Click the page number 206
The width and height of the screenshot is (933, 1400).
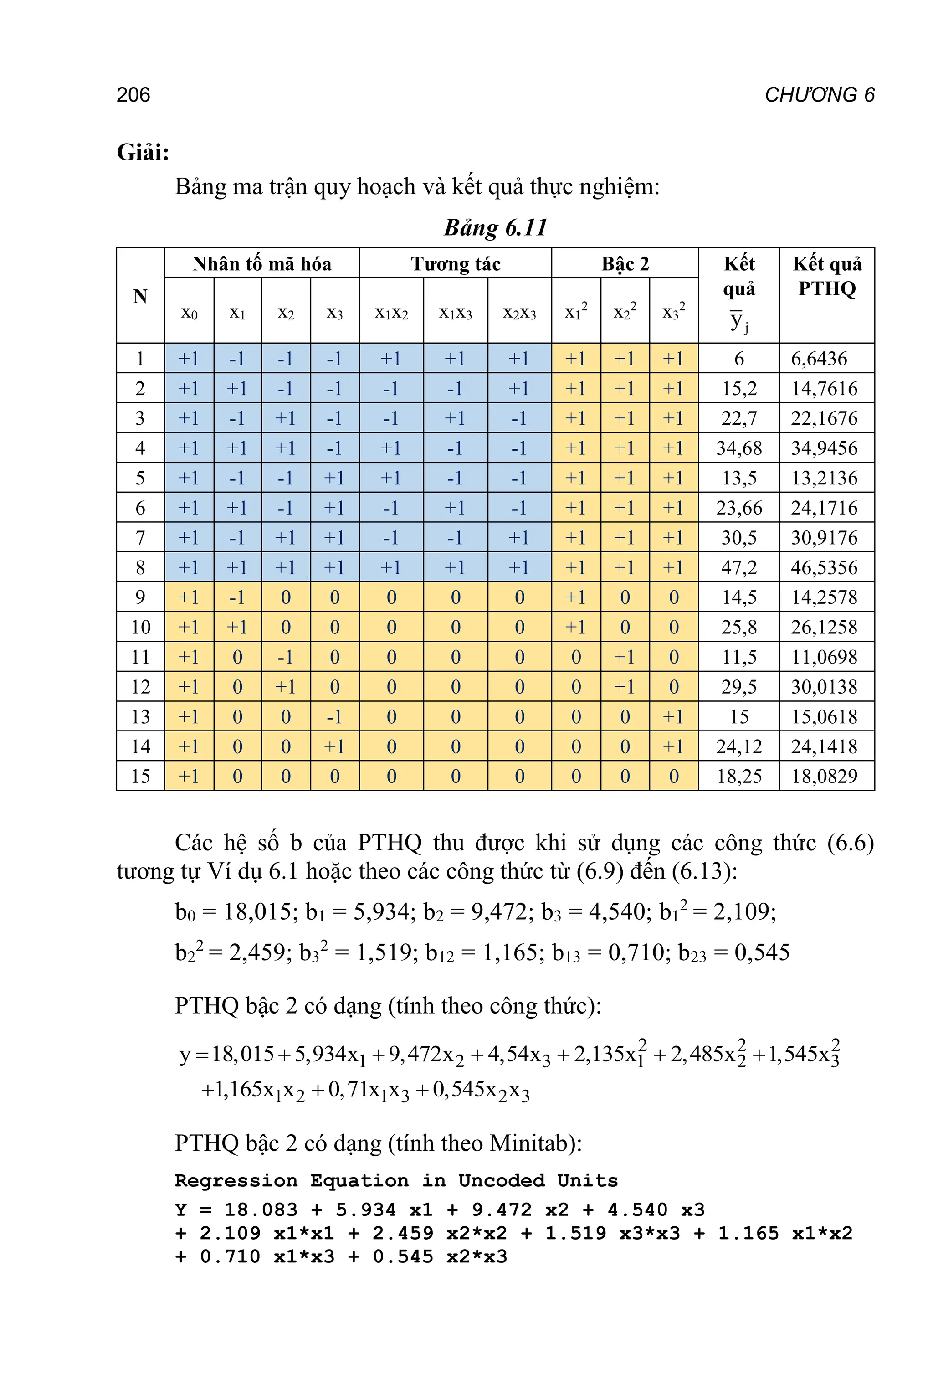point(133,95)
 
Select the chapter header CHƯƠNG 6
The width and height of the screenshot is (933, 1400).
point(820,95)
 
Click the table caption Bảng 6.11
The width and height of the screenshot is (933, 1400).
point(495,228)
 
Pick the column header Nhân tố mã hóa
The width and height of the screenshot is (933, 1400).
point(262,264)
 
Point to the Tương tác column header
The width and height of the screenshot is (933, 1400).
point(456,264)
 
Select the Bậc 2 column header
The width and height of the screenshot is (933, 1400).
point(625,264)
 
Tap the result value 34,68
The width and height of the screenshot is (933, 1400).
point(739,448)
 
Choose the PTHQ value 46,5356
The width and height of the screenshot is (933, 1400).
point(824,568)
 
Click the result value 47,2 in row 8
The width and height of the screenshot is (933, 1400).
point(739,568)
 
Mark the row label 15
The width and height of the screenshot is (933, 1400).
point(140,777)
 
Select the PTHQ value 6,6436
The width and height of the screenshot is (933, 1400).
point(819,359)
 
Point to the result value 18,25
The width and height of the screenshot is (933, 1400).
point(739,777)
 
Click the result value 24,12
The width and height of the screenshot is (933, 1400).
point(739,747)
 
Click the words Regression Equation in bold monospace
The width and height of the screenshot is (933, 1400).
point(292,1181)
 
